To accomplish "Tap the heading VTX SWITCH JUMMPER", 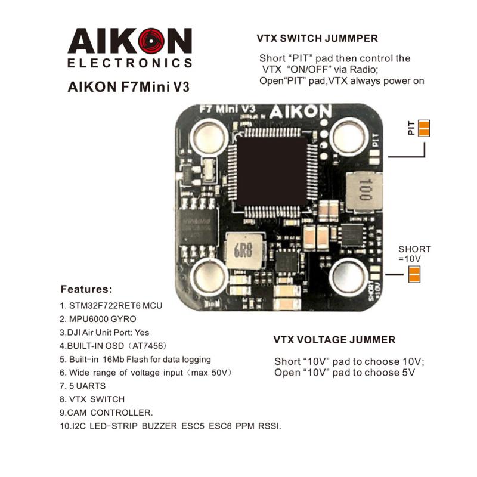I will [x=317, y=39].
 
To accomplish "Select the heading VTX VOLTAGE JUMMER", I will [x=334, y=340].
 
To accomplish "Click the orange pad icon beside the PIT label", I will [x=424, y=128].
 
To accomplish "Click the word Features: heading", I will [x=86, y=290].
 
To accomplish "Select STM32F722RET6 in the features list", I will [x=103, y=305].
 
